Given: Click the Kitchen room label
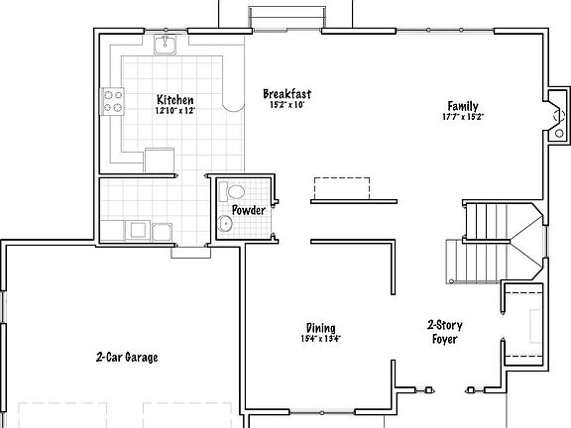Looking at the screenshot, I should pyautogui.click(x=174, y=100).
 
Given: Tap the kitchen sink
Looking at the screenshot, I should pyautogui.click(x=167, y=46).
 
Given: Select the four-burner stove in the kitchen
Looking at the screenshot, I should pyautogui.click(x=112, y=100).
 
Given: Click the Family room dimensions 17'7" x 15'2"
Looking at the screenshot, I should pyautogui.click(x=463, y=117).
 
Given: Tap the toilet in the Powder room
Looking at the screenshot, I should pyautogui.click(x=235, y=192).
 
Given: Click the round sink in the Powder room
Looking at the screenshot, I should pyautogui.click(x=225, y=225).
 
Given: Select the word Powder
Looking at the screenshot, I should pyautogui.click(x=248, y=210).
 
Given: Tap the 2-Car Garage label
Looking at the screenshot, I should pyautogui.click(x=127, y=357).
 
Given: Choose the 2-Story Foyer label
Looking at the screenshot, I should pyautogui.click(x=445, y=332).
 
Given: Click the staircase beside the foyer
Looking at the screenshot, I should pyautogui.click(x=496, y=243).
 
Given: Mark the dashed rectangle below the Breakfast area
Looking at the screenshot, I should pyautogui.click(x=342, y=187).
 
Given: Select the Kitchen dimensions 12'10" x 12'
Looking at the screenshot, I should pyautogui.click(x=174, y=111).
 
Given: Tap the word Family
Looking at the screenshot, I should pyautogui.click(x=463, y=106).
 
